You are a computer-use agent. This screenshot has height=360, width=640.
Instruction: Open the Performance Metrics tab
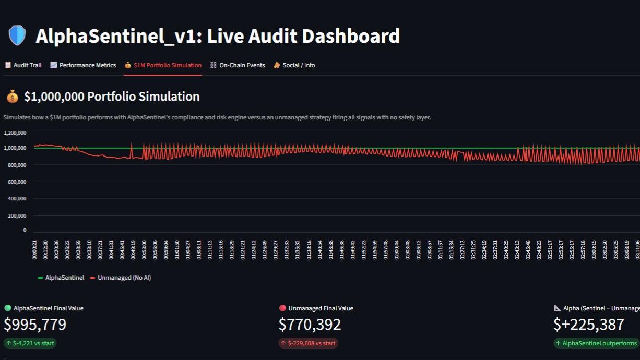pyautogui.click(x=83, y=65)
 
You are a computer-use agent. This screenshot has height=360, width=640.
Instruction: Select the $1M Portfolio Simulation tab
pyautogui.click(x=163, y=65)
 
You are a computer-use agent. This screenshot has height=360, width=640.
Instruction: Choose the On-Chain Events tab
pyautogui.click(x=238, y=65)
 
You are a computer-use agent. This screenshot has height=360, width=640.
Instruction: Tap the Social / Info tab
pyautogui.click(x=294, y=65)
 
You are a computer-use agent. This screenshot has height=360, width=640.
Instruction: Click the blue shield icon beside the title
pyautogui.click(x=17, y=36)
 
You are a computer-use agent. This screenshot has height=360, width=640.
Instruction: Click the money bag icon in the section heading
pyautogui.click(x=12, y=97)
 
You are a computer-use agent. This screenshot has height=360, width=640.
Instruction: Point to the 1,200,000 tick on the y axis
pyautogui.click(x=15, y=133)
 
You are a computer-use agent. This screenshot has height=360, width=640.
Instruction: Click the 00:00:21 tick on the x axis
pyautogui.click(x=35, y=249)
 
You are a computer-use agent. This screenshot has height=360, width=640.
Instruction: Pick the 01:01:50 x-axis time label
pyautogui.click(x=177, y=249)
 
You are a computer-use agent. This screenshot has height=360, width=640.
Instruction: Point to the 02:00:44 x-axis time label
pyautogui.click(x=396, y=249)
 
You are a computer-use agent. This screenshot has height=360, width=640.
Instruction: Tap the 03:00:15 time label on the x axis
pyautogui.click(x=594, y=249)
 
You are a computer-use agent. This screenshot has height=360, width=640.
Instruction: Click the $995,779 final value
pyautogui.click(x=35, y=325)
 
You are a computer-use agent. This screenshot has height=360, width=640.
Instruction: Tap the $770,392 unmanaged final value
pyautogui.click(x=310, y=325)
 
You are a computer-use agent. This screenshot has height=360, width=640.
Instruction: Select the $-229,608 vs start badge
pyautogui.click(x=308, y=343)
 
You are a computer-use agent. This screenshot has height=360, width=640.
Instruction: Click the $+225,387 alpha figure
pyautogui.click(x=588, y=325)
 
